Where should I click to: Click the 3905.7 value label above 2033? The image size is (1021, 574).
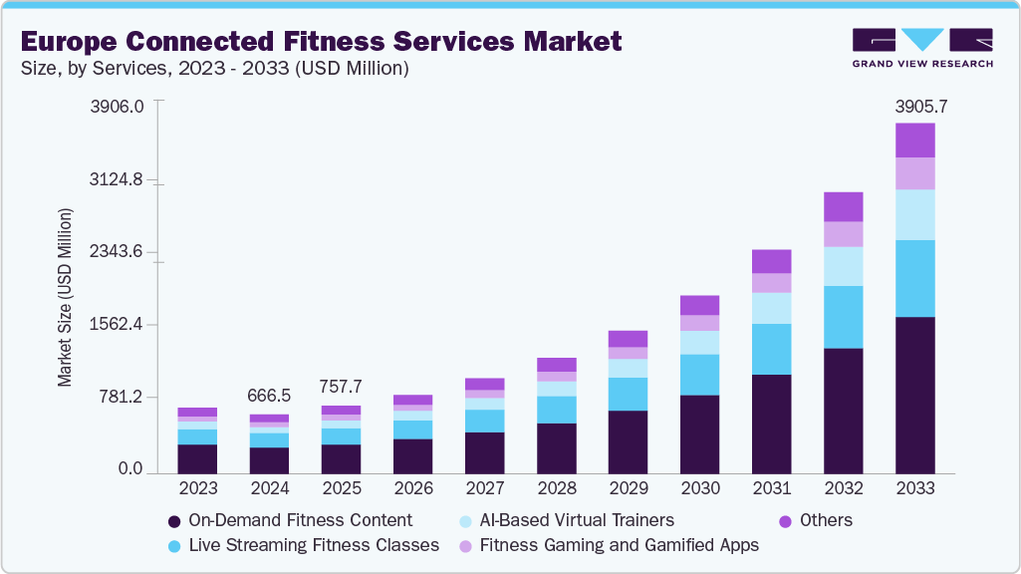913,106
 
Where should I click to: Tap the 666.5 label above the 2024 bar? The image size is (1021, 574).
269,396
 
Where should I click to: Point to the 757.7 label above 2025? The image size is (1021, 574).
341,387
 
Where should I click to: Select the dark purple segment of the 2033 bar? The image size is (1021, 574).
913,394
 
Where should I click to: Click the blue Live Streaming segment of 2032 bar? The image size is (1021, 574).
843,317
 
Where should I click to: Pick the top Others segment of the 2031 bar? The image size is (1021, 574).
771,261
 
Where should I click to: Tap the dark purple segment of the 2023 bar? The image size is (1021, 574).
197,457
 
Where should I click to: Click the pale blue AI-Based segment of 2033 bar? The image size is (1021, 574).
913,214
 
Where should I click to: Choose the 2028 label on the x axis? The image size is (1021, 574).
556,488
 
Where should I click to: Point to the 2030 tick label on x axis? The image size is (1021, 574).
699,488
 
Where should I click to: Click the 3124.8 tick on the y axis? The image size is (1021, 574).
119,180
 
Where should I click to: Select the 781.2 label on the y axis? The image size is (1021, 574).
123,397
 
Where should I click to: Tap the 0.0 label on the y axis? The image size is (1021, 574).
131,468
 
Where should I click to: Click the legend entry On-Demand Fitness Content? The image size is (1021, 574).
299,520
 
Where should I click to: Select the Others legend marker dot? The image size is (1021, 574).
785,521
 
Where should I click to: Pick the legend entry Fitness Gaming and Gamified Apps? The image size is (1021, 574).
618,545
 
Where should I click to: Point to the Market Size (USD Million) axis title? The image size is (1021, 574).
65,297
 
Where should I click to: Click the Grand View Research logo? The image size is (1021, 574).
921,47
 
